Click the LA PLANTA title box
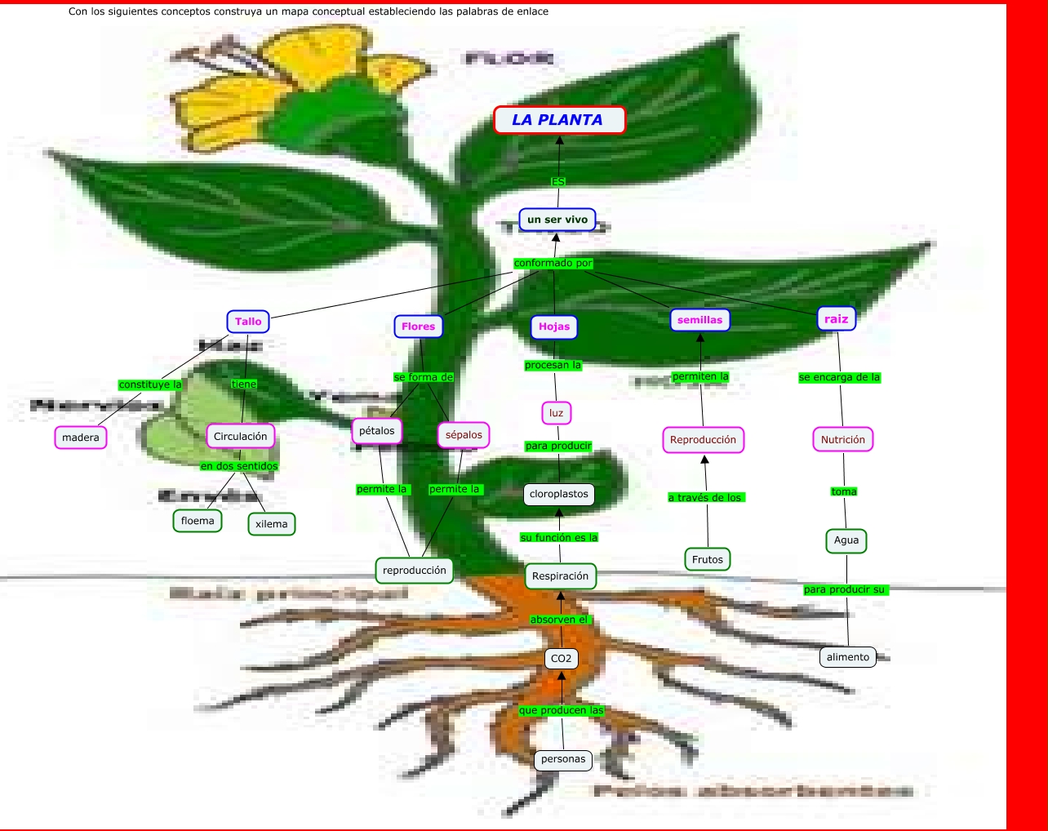click(559, 120)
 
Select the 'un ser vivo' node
click(557, 220)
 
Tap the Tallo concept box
click(248, 322)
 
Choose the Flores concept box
click(418, 327)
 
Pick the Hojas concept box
click(554, 327)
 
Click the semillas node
click(699, 320)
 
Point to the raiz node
click(836, 319)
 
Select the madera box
click(81, 438)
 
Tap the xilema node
click(271, 524)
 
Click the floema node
click(198, 521)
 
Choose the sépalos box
click(464, 435)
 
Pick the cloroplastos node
click(559, 494)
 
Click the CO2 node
click(562, 659)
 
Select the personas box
click(563, 759)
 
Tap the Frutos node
click(708, 559)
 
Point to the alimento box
click(848, 657)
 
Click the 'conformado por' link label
click(553, 263)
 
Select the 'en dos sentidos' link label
click(239, 466)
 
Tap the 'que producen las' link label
click(562, 710)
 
